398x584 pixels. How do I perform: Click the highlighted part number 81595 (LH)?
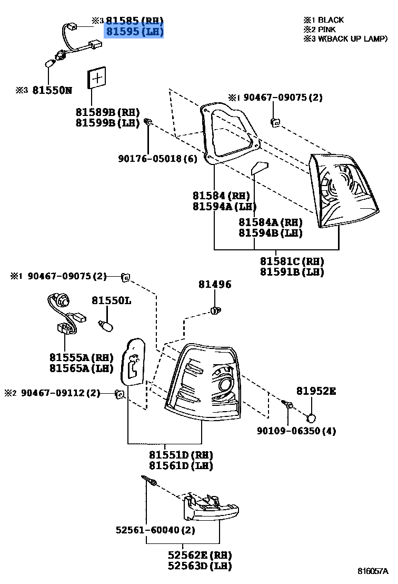click(135, 32)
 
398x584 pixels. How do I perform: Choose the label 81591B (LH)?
click(292, 272)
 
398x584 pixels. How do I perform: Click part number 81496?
click(215, 285)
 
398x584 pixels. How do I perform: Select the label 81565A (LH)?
click(82, 368)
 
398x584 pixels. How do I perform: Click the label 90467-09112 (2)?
click(61, 393)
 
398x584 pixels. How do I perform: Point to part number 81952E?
click(316, 391)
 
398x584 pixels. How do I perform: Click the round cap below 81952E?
click(312, 418)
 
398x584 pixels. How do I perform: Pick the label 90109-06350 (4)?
click(296, 431)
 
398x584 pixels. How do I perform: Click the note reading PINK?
click(326, 30)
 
